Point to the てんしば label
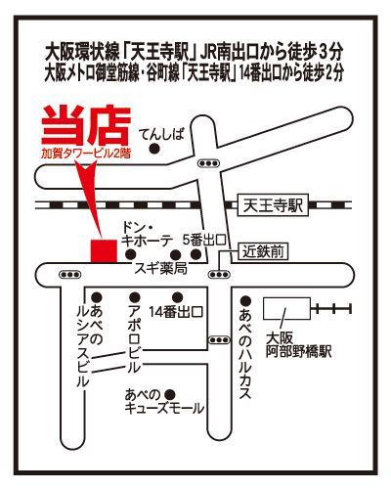tap(161, 136)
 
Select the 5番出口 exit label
tap(203, 239)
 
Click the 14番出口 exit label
tap(176, 311)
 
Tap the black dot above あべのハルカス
tap(246, 301)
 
